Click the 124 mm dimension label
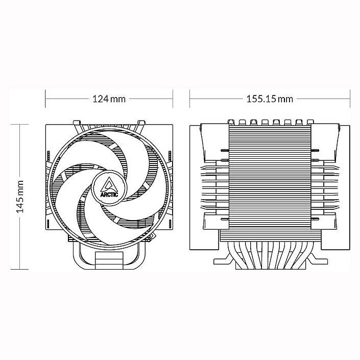click(109, 99)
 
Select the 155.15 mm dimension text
click(270, 99)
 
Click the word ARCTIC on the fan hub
click(109, 194)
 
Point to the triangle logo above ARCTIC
click(109, 184)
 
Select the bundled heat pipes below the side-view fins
click(270, 250)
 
